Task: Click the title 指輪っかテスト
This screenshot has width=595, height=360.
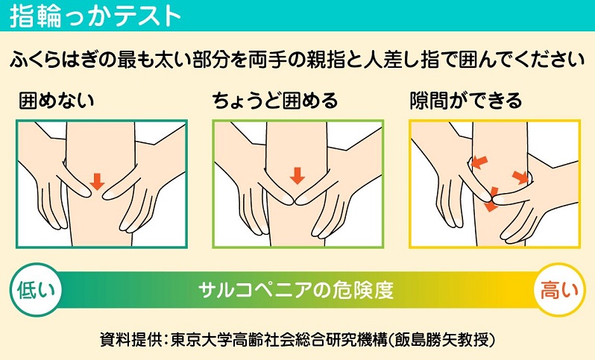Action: tap(95, 16)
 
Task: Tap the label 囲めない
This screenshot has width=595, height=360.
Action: tap(56, 101)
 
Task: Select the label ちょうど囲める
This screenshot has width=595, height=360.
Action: tap(274, 101)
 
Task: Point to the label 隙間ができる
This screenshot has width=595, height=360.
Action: tap(466, 101)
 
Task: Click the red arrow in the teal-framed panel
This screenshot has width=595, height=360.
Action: tap(97, 181)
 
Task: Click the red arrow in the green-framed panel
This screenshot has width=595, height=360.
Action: tap(297, 176)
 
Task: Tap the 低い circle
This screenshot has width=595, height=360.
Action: tap(36, 290)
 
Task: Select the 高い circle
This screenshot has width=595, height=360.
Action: tap(559, 290)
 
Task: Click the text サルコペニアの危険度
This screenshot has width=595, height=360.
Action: tap(296, 291)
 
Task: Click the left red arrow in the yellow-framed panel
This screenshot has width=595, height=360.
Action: tap(479, 162)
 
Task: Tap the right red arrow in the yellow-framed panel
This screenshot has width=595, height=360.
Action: tap(520, 177)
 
